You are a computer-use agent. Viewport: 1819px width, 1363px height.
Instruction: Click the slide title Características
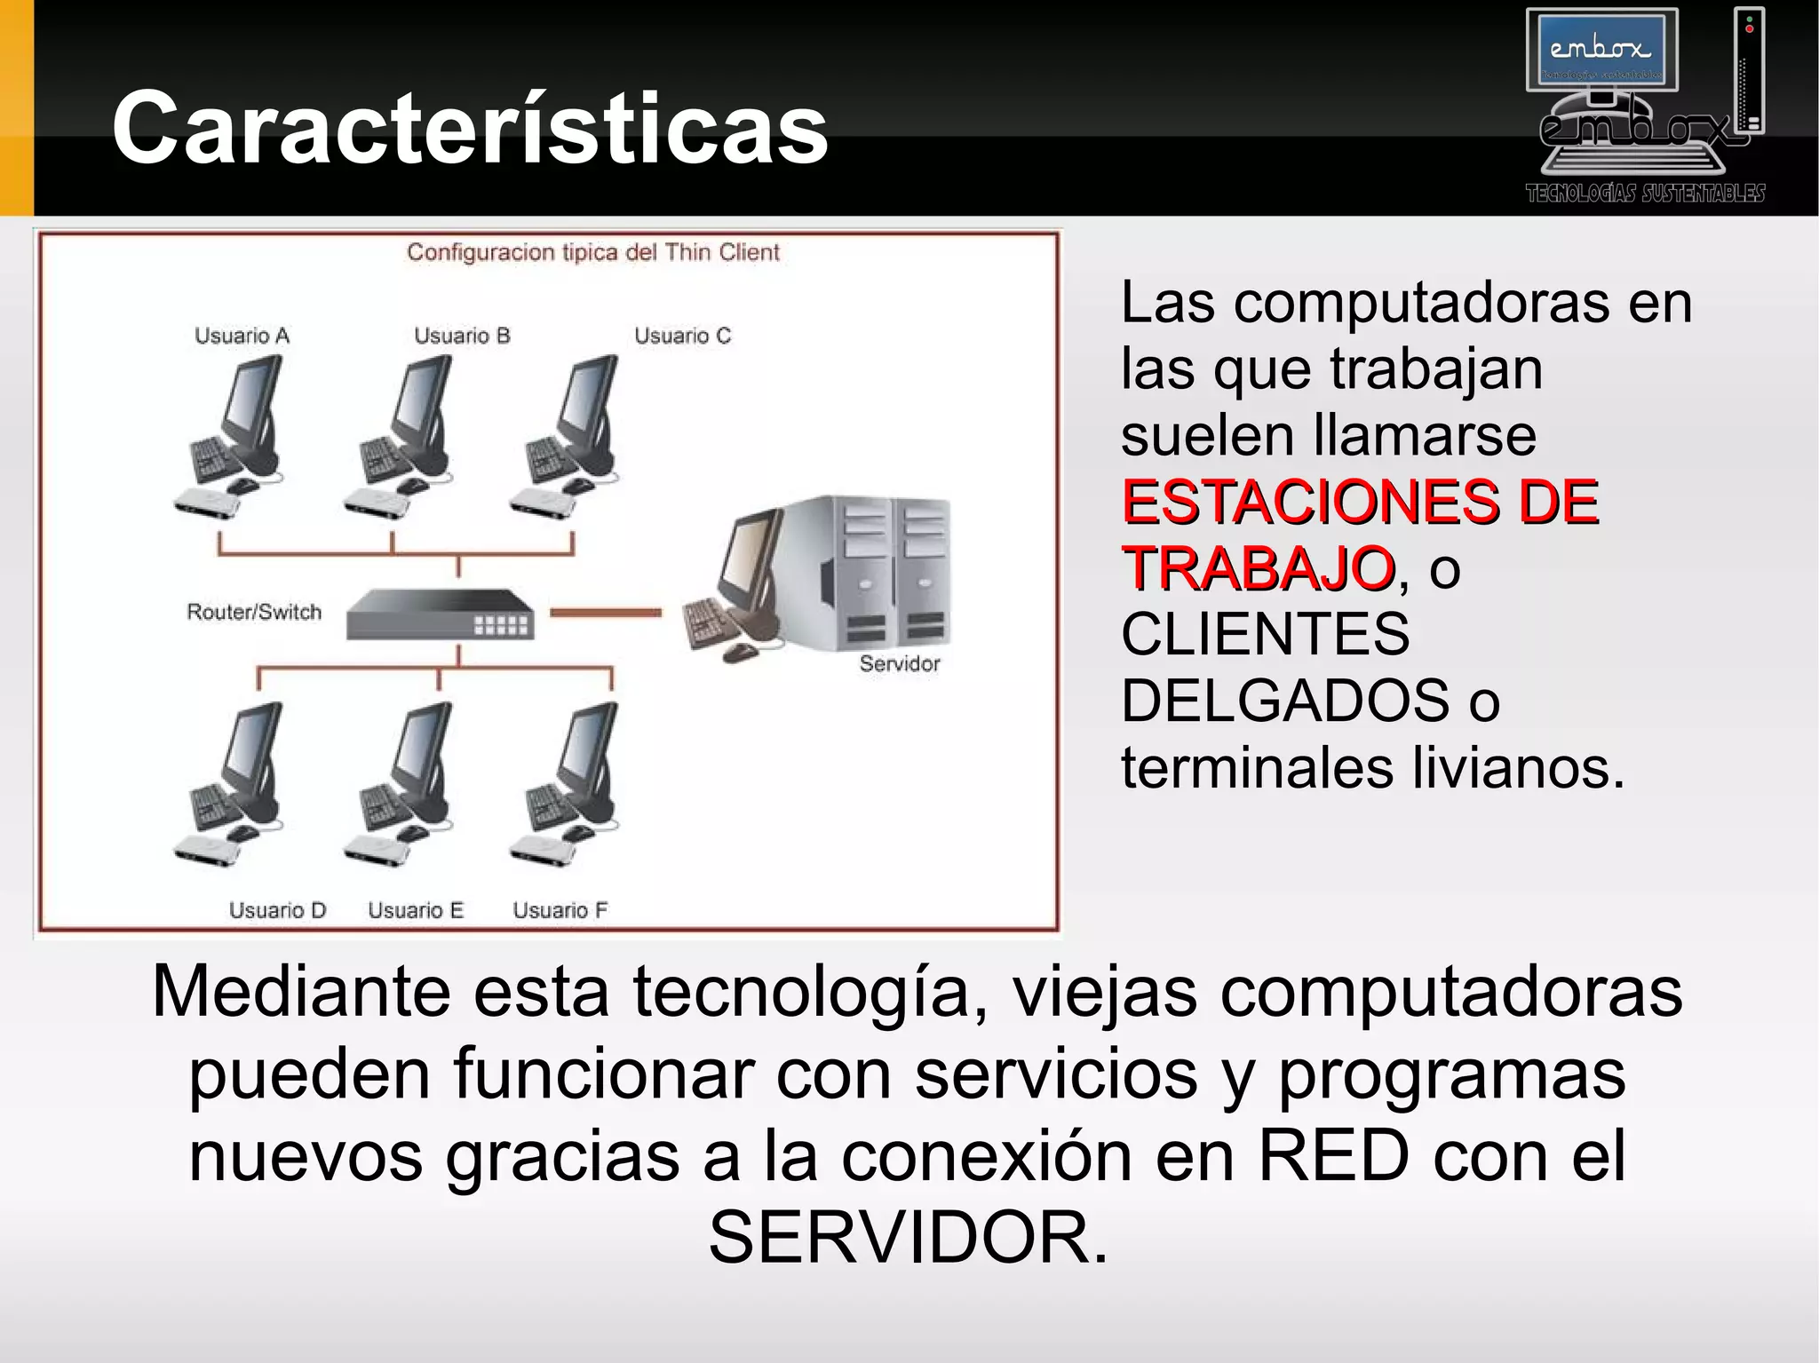coord(470,128)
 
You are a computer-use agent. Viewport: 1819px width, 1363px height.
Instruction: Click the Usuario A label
coord(242,336)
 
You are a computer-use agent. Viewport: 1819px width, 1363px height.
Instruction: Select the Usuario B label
coord(462,336)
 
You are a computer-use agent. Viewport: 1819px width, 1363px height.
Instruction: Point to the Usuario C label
coord(682,336)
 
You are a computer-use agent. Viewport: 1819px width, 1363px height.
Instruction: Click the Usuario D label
coord(277,910)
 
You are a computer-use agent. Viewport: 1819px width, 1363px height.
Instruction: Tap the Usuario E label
coord(416,910)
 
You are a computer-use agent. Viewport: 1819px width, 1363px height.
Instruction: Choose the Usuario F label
coord(560,910)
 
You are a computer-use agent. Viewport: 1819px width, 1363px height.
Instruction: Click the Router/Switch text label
coord(254,612)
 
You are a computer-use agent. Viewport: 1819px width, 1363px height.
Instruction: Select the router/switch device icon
coord(441,614)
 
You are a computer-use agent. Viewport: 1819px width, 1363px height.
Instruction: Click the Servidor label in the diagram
coord(899,663)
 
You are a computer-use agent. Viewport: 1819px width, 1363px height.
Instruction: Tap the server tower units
coord(893,573)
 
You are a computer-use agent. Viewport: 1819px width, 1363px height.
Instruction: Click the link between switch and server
coord(606,612)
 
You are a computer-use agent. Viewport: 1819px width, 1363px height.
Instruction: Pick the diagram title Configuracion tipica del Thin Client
coord(592,252)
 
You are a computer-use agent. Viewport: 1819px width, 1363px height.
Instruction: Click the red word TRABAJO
coord(1258,568)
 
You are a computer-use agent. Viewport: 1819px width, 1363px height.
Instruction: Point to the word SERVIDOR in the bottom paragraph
coord(908,1237)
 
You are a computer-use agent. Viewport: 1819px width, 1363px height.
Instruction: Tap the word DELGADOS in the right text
coord(1284,701)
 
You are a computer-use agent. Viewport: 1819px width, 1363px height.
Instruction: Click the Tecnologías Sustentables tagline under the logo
coord(1645,194)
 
